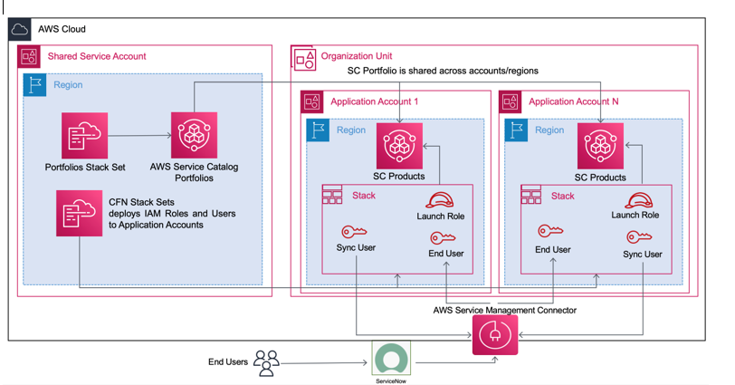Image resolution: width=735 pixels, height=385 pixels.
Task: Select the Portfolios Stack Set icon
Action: (84, 136)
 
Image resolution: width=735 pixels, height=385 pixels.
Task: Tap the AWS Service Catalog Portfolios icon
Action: (195, 136)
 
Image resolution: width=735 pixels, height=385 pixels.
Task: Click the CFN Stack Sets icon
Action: (79, 213)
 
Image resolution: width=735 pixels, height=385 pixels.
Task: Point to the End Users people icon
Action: (266, 362)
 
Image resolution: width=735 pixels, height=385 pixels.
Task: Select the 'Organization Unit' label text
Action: (363, 55)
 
